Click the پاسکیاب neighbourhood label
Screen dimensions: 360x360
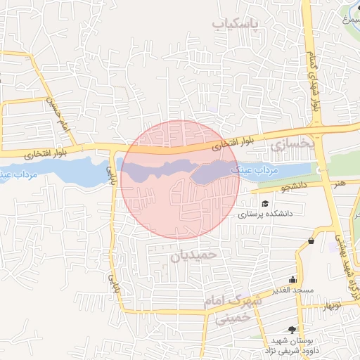pyautogui.click(x=236, y=25)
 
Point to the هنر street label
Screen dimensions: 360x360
pyautogui.click(x=340, y=183)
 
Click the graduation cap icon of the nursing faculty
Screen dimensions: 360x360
pyautogui.click(x=265, y=204)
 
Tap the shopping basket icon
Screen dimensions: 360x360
pyautogui.click(x=311, y=241)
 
